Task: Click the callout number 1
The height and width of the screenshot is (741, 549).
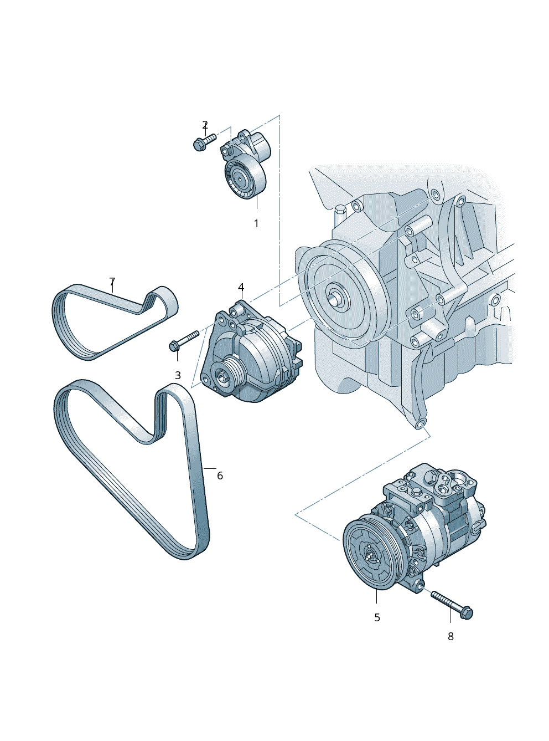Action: pyautogui.click(x=256, y=223)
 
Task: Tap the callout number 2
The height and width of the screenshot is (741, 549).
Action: pyautogui.click(x=205, y=125)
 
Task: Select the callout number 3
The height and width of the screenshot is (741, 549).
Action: pyautogui.click(x=178, y=375)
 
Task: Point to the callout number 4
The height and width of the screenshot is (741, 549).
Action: pyautogui.click(x=241, y=287)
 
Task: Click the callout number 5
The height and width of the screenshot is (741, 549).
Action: pyautogui.click(x=377, y=617)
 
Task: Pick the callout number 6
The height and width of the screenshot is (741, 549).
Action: pyautogui.click(x=220, y=476)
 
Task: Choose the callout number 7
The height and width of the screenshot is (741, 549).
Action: pyautogui.click(x=112, y=282)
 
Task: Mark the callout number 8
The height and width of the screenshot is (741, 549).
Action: pyautogui.click(x=450, y=637)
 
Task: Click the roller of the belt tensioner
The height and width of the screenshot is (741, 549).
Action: pyautogui.click(x=241, y=178)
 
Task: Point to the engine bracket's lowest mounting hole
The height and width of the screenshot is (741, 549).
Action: pyautogui.click(x=421, y=425)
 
